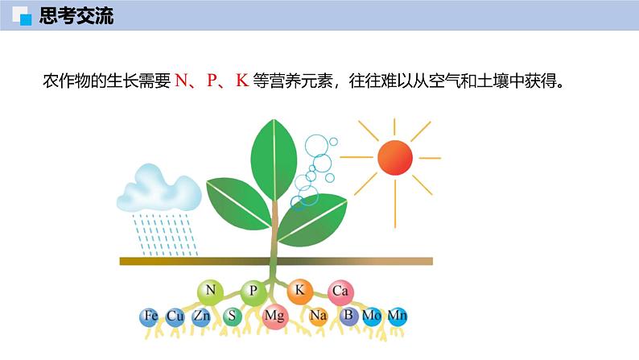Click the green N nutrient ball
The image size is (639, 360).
[x=210, y=292]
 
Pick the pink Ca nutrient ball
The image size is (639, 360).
[x=340, y=292]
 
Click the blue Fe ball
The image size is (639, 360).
[x=150, y=317]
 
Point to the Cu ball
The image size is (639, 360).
[x=175, y=317]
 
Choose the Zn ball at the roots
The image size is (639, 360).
[x=201, y=317]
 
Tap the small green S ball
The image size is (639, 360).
[x=233, y=317]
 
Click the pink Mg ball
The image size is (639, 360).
[x=275, y=317]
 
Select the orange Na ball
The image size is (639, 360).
[x=318, y=317]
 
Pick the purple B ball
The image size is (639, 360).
[x=348, y=316]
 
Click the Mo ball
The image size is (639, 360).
[x=372, y=317]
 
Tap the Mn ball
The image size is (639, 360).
[x=398, y=317]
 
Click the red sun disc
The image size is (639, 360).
[x=395, y=157]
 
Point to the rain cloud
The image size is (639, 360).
[x=159, y=188]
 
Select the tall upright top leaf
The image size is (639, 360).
[x=274, y=159]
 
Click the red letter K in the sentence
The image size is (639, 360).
[x=242, y=81]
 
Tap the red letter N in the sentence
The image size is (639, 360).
[x=181, y=81]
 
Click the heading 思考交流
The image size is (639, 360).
[x=76, y=15]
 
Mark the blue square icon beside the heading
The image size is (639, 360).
[x=26, y=20]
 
